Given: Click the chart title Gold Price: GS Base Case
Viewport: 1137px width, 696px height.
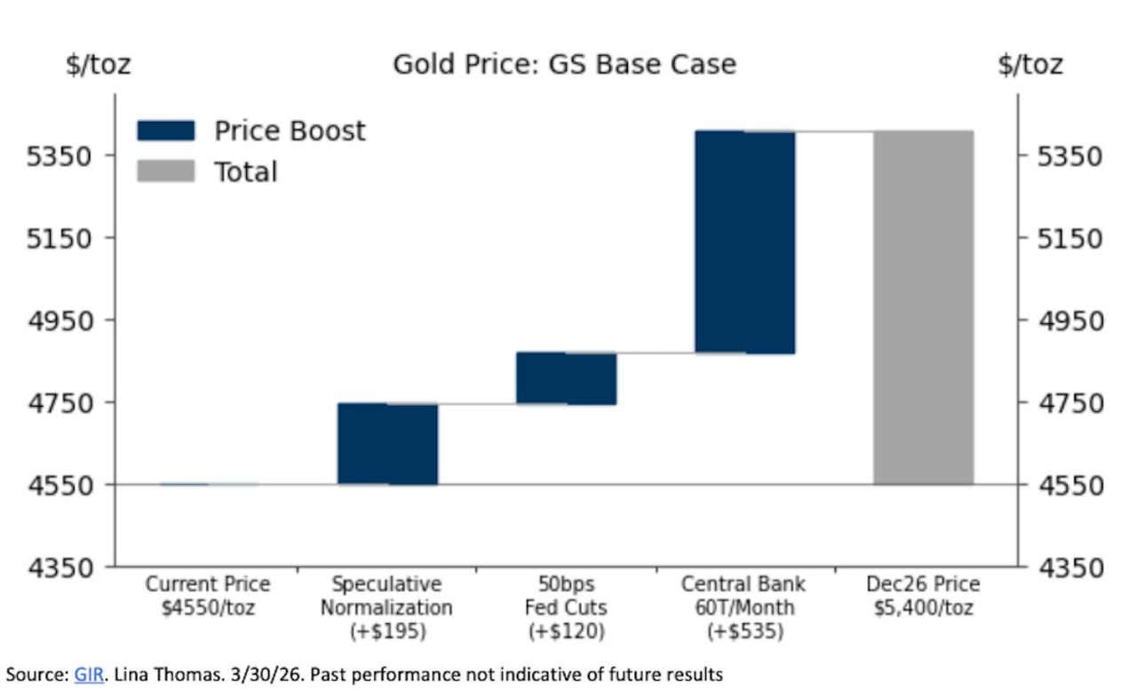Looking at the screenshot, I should tap(564, 65).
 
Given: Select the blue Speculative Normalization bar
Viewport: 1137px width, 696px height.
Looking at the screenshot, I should tap(387, 444).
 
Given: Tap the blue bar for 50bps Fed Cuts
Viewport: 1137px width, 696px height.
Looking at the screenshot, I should tap(566, 378).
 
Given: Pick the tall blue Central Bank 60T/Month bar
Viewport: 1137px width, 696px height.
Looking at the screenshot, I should tap(744, 241).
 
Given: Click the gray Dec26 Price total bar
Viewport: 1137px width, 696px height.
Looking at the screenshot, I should tap(923, 307).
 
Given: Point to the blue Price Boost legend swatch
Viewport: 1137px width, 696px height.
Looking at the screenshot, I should tap(165, 131).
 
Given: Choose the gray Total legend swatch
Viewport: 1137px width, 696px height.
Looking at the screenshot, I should tap(165, 171).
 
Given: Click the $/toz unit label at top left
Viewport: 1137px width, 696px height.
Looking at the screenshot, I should tap(98, 65).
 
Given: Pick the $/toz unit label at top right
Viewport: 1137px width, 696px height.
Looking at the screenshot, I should tap(1030, 65).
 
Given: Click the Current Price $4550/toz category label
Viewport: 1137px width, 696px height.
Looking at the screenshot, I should tap(208, 597).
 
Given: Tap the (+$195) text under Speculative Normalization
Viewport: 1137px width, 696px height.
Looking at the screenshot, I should tap(386, 632).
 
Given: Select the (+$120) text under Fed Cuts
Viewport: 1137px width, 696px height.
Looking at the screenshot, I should tap(566, 632).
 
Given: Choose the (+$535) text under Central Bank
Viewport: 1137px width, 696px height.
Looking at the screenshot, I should tap(743, 632).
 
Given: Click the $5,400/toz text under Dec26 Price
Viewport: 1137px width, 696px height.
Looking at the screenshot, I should tap(923, 609).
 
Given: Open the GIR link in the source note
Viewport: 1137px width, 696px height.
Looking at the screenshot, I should tap(89, 675).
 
